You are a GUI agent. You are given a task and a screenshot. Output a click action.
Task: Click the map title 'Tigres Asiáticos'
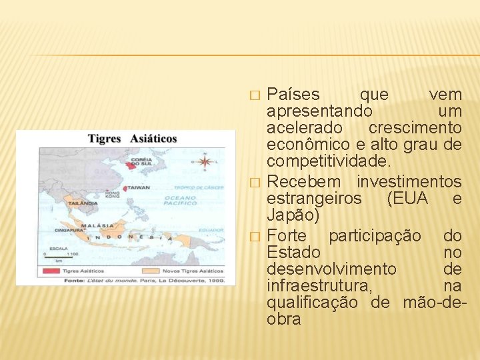[133, 139]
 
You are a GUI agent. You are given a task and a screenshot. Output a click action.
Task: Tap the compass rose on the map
[205, 161]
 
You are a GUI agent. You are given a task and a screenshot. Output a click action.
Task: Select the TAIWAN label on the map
[139, 189]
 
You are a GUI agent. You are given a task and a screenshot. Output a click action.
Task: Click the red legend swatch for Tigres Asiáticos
[51, 271]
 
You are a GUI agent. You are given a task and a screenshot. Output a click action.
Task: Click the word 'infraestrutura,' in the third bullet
[319, 286]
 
